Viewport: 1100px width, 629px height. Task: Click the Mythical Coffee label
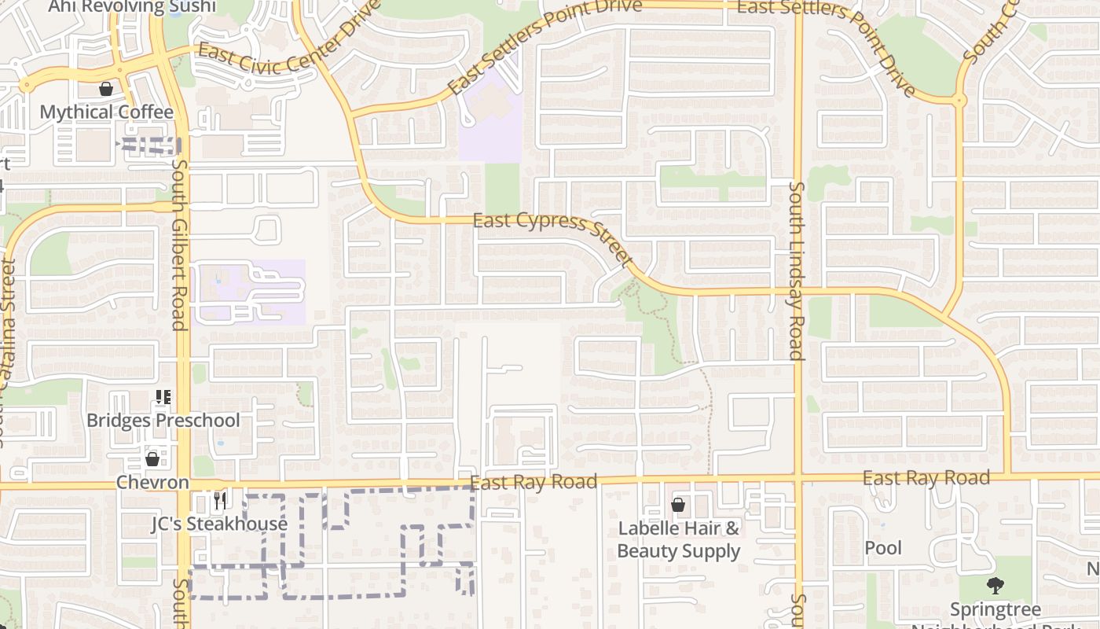coord(106,112)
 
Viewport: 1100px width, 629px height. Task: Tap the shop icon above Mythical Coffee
coord(106,90)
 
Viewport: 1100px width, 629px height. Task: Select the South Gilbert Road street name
coord(179,245)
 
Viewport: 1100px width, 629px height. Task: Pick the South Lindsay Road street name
coord(797,270)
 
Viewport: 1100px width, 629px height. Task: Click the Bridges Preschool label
coord(163,420)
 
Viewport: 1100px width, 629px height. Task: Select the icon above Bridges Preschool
coord(163,397)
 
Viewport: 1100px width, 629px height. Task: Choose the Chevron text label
coord(152,482)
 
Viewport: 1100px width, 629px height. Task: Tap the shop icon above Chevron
coord(152,458)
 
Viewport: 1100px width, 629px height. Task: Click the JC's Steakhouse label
coord(219,524)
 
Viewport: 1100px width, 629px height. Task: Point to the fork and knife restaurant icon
coord(219,500)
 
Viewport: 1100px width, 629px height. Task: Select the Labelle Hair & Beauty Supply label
coord(679,539)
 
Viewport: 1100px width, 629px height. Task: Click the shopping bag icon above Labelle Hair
coord(678,505)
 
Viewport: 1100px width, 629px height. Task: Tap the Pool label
coord(883,548)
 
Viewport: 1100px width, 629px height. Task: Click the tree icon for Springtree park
coord(995,586)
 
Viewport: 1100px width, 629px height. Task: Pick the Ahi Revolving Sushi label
coord(131,7)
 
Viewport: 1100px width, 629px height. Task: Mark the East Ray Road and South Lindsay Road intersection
coord(798,476)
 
